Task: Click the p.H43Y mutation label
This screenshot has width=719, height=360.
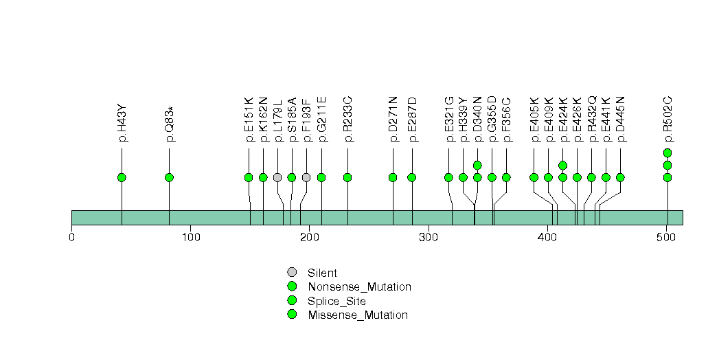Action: [122, 123]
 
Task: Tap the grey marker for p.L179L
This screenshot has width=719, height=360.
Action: [277, 177]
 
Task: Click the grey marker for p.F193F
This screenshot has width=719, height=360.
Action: [306, 177]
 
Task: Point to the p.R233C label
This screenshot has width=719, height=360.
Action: [348, 120]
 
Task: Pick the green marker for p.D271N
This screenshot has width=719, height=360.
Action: [393, 177]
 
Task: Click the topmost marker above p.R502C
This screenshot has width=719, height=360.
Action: [667, 153]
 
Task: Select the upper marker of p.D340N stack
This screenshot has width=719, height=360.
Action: [477, 165]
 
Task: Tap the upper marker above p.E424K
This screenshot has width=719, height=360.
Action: [563, 165]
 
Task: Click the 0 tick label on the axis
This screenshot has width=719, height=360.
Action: [71, 238]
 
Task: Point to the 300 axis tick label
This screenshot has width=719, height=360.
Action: [429, 238]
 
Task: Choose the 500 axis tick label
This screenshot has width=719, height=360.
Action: [667, 238]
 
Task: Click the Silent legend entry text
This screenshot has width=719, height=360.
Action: [322, 273]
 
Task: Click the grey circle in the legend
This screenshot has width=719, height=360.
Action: [292, 272]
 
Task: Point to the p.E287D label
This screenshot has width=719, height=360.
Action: [412, 120]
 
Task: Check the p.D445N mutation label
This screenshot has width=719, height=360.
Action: [621, 120]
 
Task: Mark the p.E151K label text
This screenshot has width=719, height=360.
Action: [249, 120]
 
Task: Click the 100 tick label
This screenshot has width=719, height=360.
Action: [191, 238]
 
